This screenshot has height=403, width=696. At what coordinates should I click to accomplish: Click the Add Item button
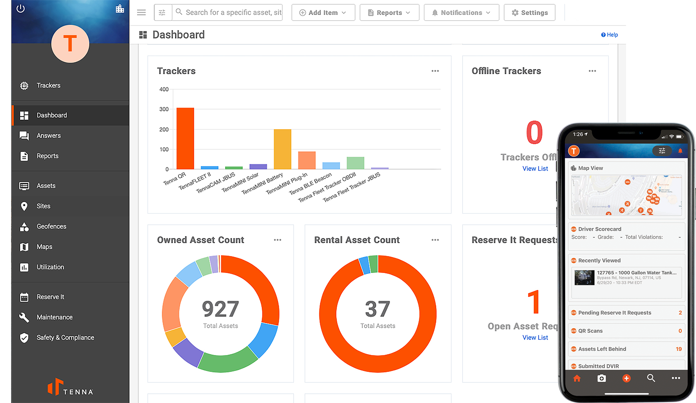click(323, 13)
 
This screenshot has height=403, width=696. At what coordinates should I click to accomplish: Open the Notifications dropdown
click(461, 13)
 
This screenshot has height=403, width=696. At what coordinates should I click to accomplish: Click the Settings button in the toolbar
click(529, 13)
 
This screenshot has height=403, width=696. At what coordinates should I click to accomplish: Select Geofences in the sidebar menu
click(51, 226)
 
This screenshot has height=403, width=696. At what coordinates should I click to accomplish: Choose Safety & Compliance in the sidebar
click(65, 337)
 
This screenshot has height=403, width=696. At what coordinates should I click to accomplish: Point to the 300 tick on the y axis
click(164, 109)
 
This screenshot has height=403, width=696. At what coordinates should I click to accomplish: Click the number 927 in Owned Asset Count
click(220, 309)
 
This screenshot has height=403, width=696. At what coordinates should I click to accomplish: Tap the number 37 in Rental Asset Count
click(377, 309)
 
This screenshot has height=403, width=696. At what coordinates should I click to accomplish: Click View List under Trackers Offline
click(535, 168)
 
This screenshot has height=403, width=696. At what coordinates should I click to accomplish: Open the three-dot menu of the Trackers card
click(435, 71)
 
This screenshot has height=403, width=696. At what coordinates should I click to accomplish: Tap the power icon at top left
click(21, 8)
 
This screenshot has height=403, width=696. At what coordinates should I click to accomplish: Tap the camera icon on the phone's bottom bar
click(601, 378)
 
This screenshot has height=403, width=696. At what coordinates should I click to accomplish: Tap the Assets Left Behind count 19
click(679, 349)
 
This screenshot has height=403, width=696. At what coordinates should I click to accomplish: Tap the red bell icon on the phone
click(680, 151)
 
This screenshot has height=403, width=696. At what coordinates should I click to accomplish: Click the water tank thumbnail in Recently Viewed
click(584, 278)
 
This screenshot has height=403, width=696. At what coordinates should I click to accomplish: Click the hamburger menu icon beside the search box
click(141, 13)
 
